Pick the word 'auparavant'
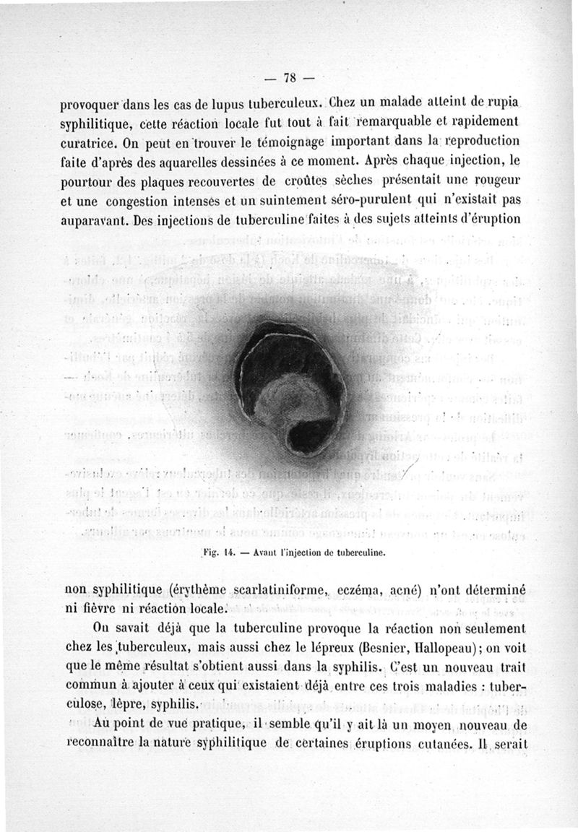click(93, 217)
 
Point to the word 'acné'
click(415, 589)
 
